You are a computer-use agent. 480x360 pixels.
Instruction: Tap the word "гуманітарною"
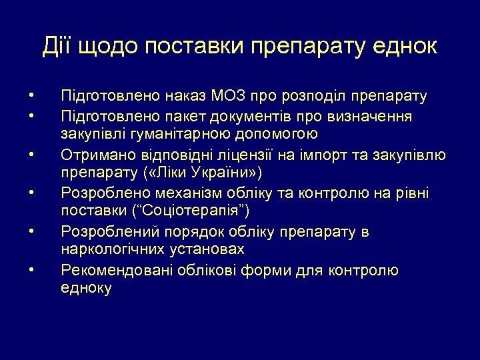(x=176, y=135)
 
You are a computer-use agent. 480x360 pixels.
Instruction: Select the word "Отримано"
(x=95, y=155)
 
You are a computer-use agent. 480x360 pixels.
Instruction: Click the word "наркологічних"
(x=113, y=251)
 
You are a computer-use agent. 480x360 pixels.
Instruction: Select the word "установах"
(x=207, y=251)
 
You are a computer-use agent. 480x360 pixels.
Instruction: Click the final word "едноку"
(x=86, y=289)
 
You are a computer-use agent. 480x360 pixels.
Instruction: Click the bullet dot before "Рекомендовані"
(x=31, y=270)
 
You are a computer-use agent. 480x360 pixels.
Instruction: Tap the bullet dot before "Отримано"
(x=31, y=155)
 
